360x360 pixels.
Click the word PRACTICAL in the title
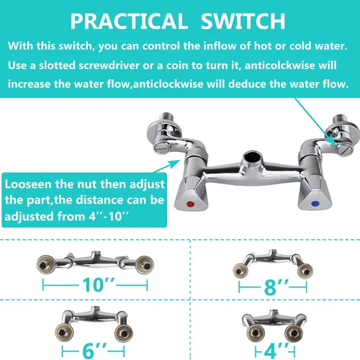pos(129,21)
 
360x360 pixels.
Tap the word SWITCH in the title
pos(243,21)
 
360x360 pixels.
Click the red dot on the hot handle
pos(190,204)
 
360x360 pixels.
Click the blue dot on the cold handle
pos(315,204)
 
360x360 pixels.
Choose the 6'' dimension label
pos(94,351)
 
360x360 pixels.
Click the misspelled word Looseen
pos(28,184)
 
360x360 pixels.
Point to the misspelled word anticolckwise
pos(279,66)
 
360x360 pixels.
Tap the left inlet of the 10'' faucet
pos(46,264)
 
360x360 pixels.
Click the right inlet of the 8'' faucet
pos(305,271)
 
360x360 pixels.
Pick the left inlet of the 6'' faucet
pos(64,333)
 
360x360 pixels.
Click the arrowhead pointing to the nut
pos(175,163)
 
